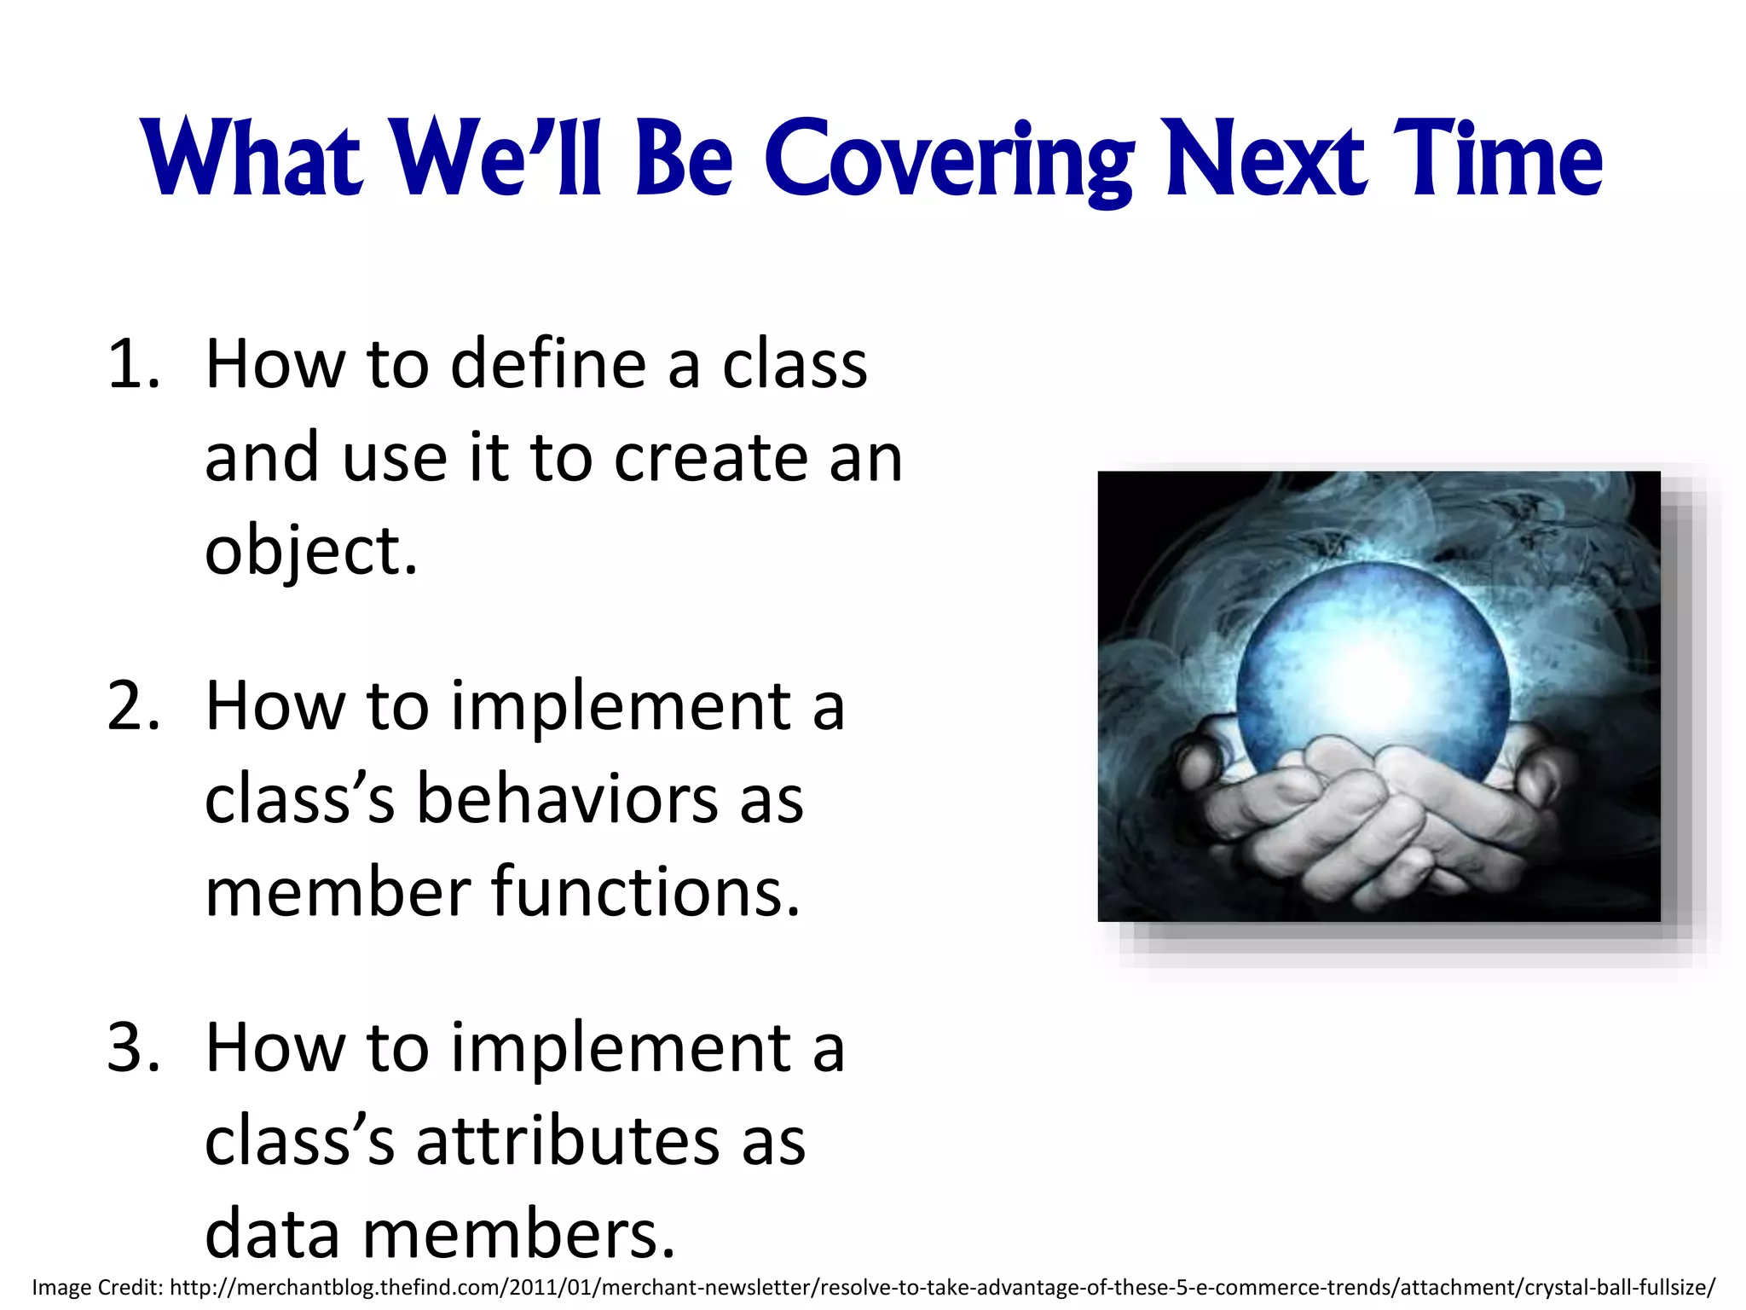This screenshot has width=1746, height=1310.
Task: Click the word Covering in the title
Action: click(948, 159)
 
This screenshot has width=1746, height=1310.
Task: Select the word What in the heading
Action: click(253, 159)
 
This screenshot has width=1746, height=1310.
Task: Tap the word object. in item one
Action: click(311, 552)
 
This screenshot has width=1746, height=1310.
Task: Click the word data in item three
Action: click(273, 1235)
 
